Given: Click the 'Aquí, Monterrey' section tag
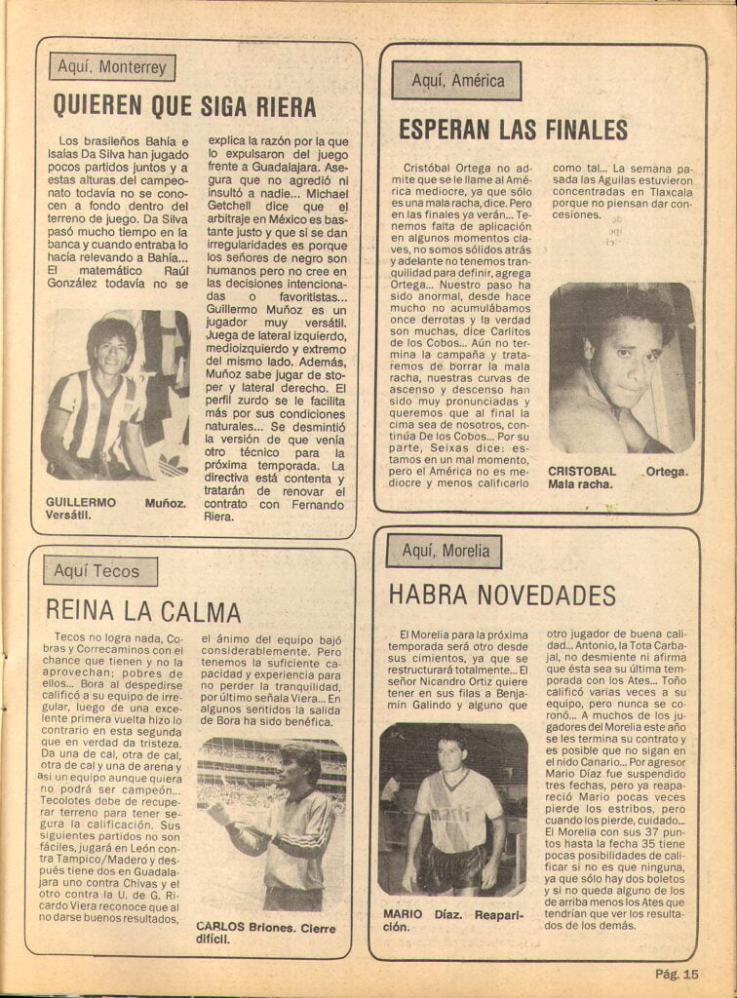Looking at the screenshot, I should tap(112, 68).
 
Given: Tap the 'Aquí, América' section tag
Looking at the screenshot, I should tap(456, 81).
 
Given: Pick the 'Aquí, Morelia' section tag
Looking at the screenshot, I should tap(444, 551).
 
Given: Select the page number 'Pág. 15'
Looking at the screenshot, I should tap(677, 972).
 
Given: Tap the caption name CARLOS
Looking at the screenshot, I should tap(219, 926).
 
